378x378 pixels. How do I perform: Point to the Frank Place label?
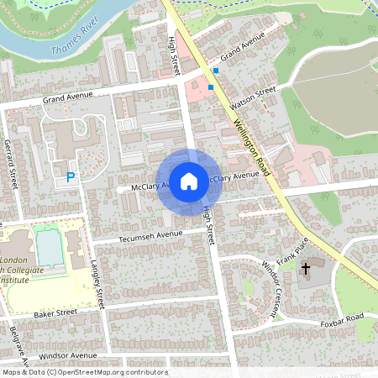(293, 249)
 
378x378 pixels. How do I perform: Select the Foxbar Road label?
(343, 320)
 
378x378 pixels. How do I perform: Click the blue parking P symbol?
(71, 177)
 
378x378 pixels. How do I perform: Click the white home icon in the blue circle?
(189, 181)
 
